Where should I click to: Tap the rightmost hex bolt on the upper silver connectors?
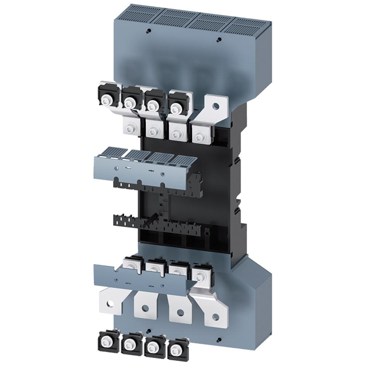[198, 136]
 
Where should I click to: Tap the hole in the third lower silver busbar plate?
[180, 313]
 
